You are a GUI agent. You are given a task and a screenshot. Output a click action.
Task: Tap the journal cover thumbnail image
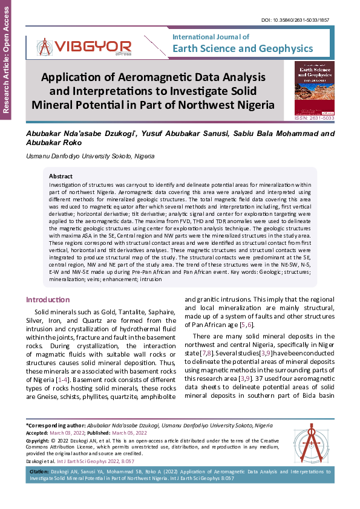click(x=313, y=88)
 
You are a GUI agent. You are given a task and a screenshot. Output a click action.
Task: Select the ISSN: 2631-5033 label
click(x=313, y=119)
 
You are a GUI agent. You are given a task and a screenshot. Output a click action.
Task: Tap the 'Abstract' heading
click(x=61, y=176)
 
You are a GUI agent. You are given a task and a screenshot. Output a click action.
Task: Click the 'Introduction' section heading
click(x=48, y=300)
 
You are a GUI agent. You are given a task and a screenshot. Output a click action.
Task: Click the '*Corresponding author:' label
click(x=55, y=426)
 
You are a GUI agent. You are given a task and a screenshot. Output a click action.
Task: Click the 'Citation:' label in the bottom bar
click(x=39, y=470)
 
